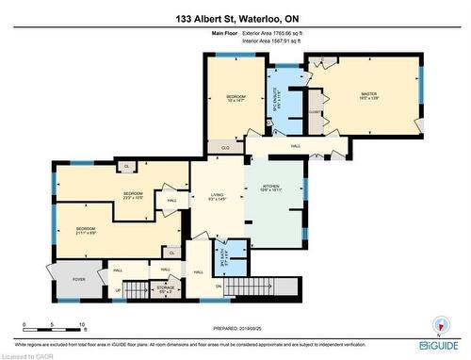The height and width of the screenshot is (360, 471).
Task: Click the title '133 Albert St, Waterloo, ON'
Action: pos(235,18)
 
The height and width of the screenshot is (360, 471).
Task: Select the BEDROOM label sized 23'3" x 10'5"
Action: pos(134,196)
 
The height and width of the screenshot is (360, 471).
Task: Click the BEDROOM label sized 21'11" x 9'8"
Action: pos(87,230)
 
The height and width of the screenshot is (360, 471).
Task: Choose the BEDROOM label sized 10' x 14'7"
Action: pos(235,100)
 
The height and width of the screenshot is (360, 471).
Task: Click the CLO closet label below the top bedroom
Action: pos(225,148)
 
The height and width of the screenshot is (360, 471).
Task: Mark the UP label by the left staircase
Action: pos(119,291)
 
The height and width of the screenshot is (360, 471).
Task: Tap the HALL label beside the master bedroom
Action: pos(295,146)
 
